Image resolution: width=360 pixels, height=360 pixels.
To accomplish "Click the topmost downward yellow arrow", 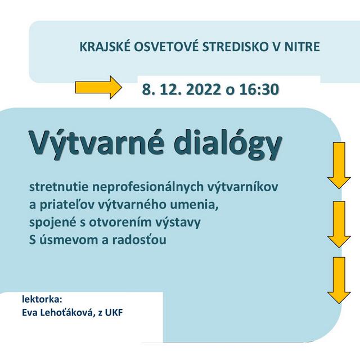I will [339, 165].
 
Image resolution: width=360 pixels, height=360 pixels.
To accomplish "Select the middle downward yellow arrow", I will [339, 223].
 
